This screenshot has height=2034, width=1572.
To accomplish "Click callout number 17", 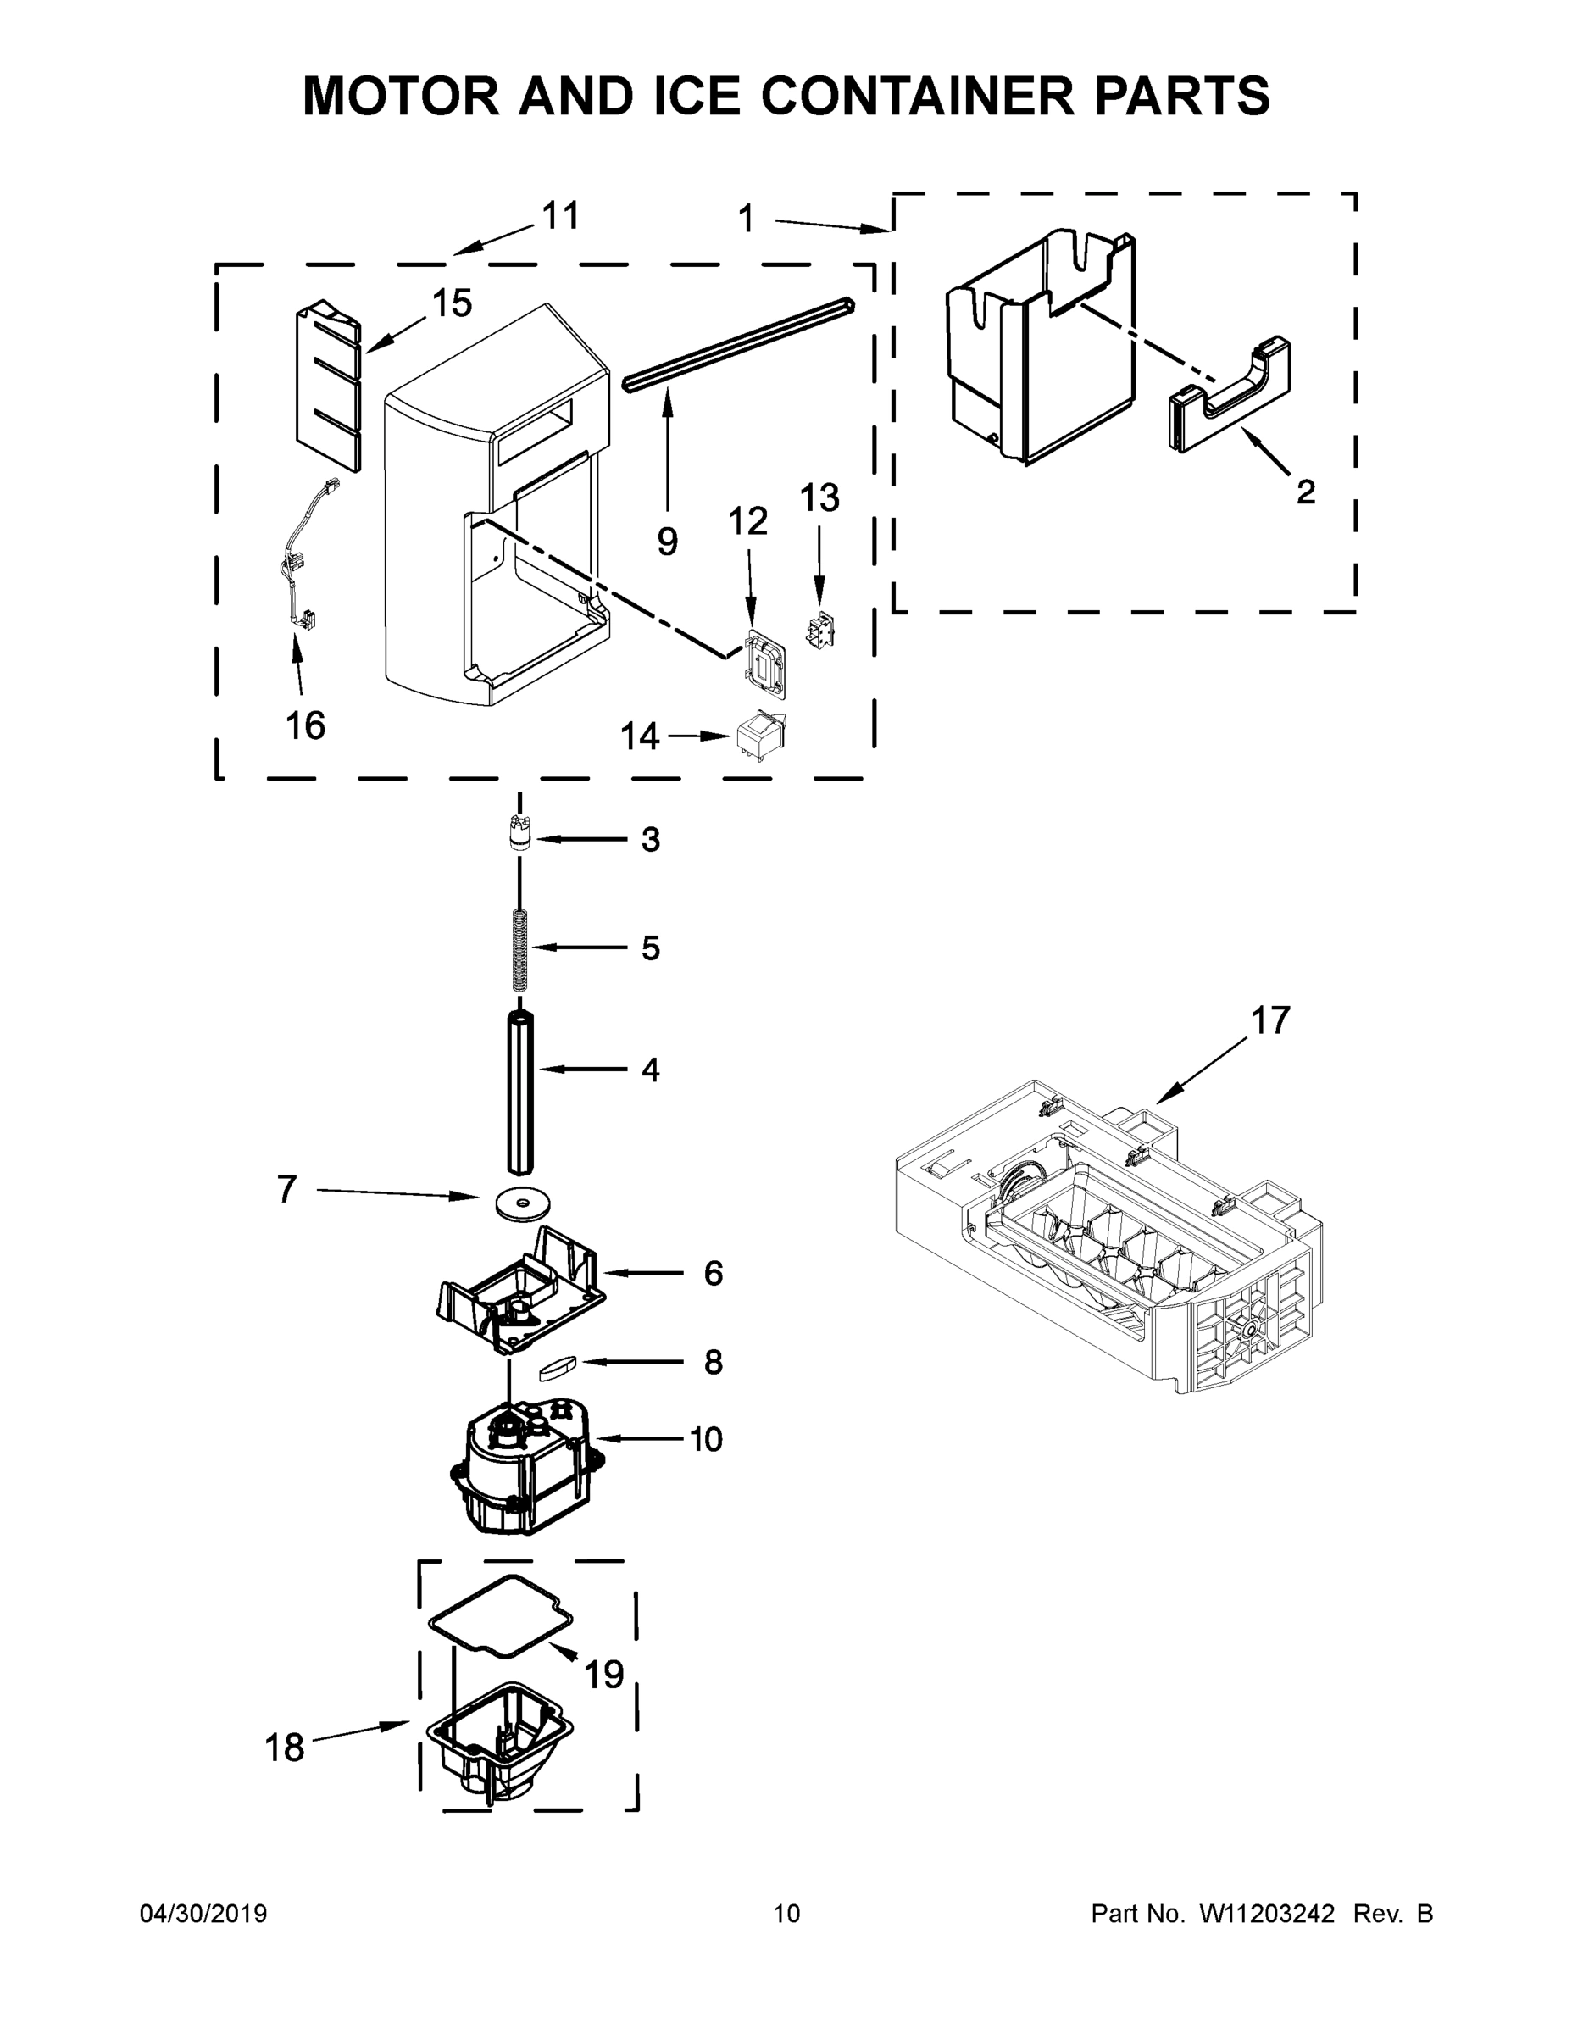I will pyautogui.click(x=1270, y=1020).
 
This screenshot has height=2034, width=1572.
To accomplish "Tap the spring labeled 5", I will pyautogui.click(x=520, y=949).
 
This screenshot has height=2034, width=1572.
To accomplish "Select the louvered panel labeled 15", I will pyautogui.click(x=327, y=386).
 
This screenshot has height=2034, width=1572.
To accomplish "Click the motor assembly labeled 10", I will pyautogui.click(x=521, y=1479).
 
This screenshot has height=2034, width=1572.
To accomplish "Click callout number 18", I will pyautogui.click(x=284, y=1748).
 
